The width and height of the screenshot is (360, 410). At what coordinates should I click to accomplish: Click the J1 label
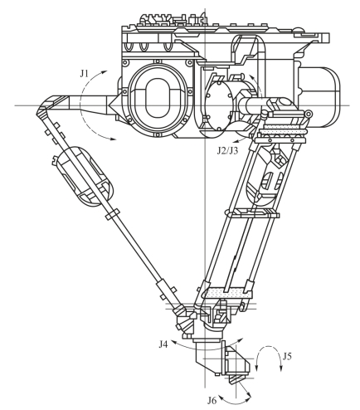[84, 74]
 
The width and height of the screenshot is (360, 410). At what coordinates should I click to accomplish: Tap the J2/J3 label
[227, 150]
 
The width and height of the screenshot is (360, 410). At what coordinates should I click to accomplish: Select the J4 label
[163, 344]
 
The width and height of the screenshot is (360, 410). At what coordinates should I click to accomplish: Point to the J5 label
[287, 356]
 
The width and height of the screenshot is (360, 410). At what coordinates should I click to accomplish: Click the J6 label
[212, 400]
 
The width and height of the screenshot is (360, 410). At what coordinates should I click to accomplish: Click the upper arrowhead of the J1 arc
[104, 72]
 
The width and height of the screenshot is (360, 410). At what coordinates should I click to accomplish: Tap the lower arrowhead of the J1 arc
[113, 139]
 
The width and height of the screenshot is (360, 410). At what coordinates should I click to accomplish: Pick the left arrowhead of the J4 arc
[174, 343]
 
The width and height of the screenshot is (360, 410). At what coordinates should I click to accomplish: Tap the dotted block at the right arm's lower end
[228, 293]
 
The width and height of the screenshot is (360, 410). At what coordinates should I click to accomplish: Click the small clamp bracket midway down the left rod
[113, 214]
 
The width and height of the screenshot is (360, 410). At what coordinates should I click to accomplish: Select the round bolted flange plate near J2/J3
[219, 106]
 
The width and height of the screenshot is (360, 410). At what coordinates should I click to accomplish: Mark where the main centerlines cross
[205, 105]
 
